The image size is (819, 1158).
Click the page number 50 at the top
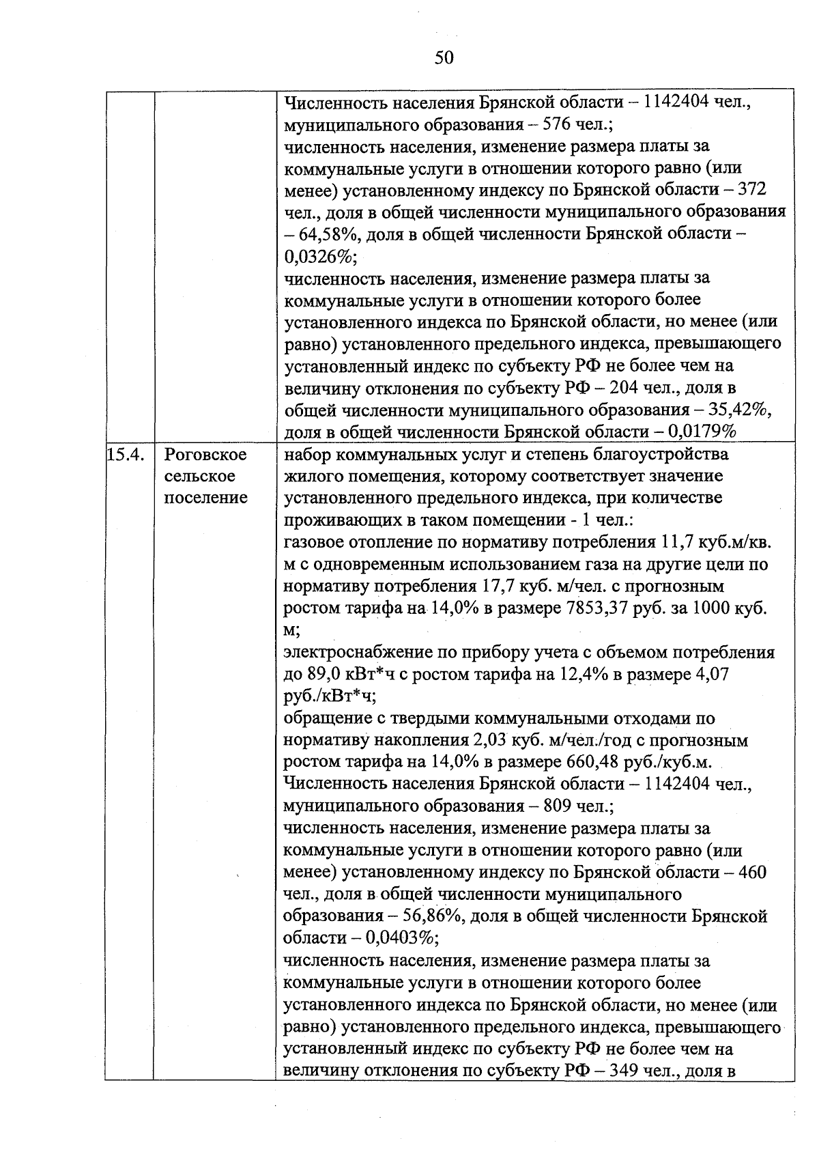tap(444, 58)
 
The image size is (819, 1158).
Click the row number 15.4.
tap(126, 455)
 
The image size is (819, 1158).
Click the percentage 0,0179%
tap(702, 432)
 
